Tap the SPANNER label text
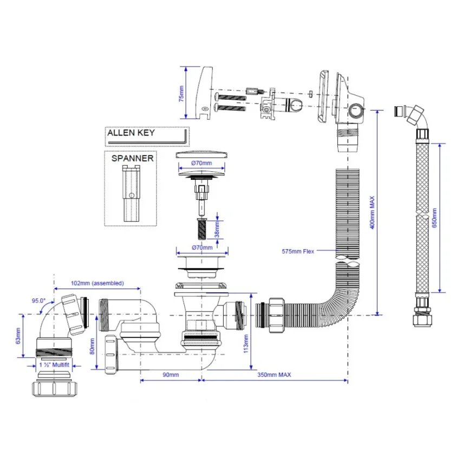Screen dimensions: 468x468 (x=132, y=158)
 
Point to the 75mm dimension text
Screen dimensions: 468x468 (x=181, y=93)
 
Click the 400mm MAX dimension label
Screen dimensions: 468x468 (x=372, y=213)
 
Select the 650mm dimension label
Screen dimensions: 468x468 (x=434, y=217)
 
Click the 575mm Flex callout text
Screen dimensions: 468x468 (x=298, y=251)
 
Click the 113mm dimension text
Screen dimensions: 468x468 (x=245, y=343)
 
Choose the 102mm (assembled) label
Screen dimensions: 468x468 (x=96, y=283)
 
